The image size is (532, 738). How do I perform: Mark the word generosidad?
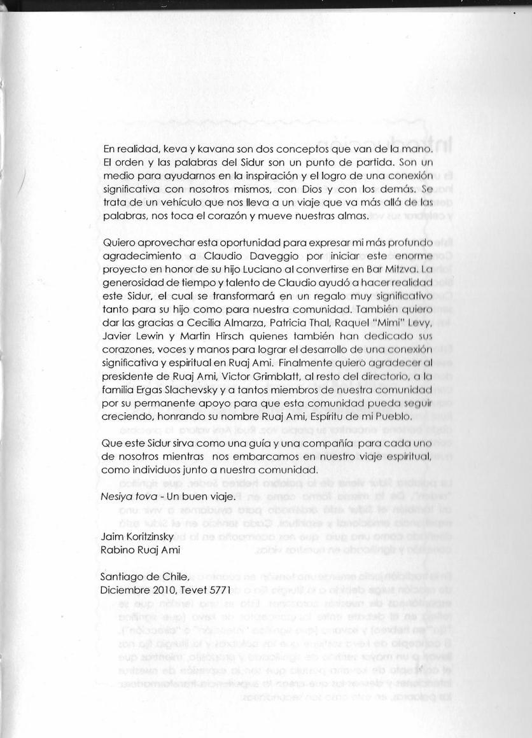tap(132, 282)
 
